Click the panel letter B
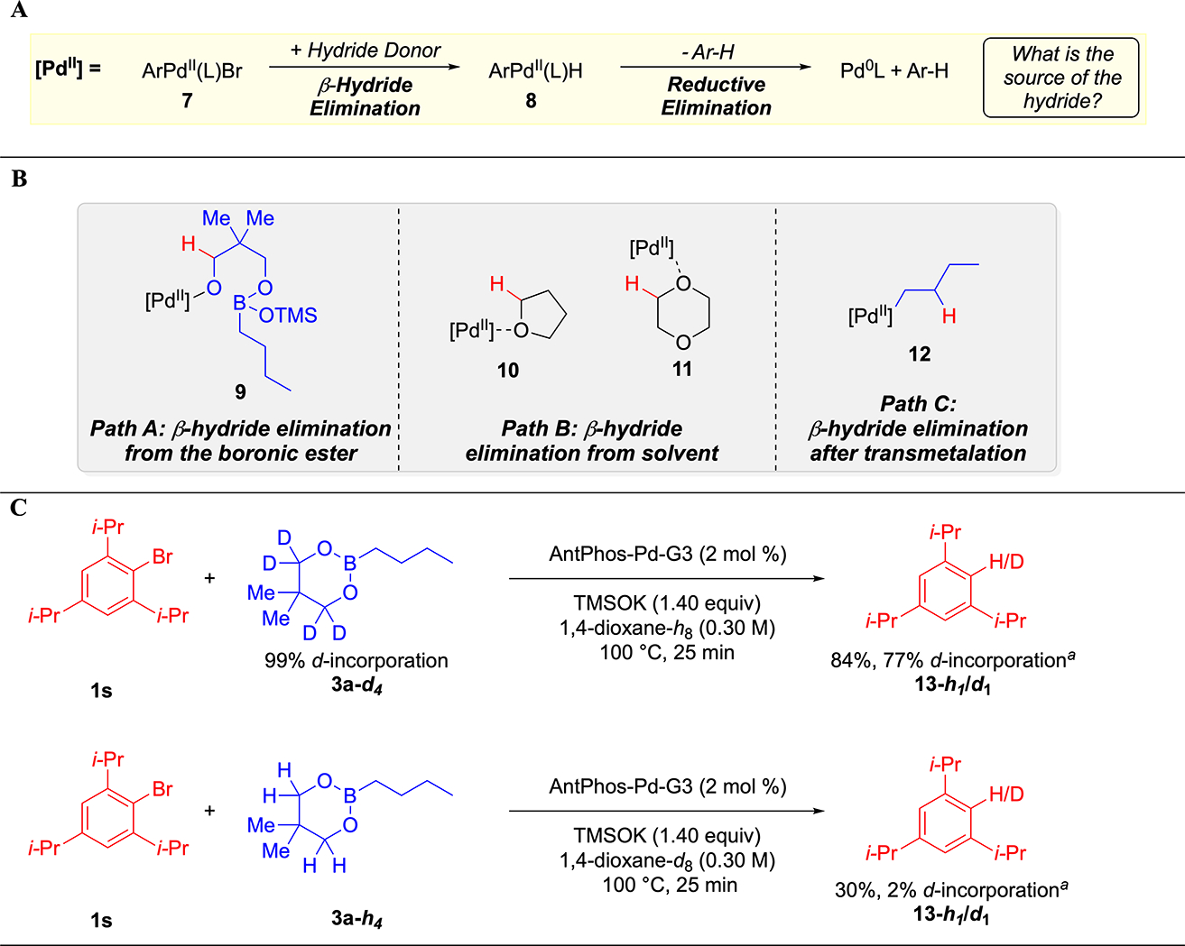pos(19,179)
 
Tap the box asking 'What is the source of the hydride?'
pos(1061,78)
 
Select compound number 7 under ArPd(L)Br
pos(187,100)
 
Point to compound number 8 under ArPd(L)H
pos(531,100)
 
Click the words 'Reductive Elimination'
pos(716,96)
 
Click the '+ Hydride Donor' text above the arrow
pos(366,51)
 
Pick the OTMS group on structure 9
pos(288,315)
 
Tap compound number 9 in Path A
pos(240,391)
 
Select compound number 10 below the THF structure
pos(508,370)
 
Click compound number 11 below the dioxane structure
pos(682,369)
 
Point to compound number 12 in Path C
pos(919,354)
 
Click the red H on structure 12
pos(949,316)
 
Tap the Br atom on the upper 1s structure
pos(162,556)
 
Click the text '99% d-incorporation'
pos(356,660)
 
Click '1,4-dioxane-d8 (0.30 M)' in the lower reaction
pos(668,860)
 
